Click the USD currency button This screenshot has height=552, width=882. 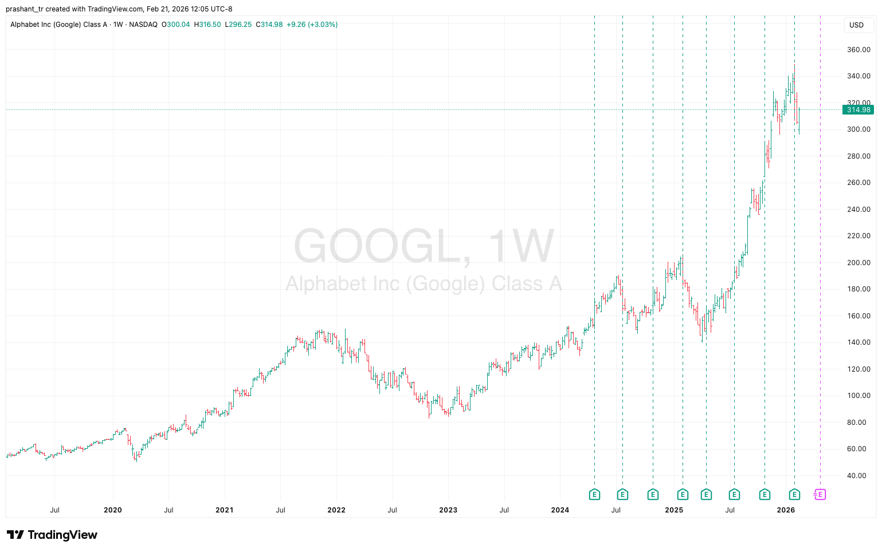[856, 25]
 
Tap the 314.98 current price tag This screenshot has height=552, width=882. [858, 110]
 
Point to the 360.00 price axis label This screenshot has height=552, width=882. [859, 50]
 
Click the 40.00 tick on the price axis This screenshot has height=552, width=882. [859, 476]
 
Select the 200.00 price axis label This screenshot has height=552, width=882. [859, 263]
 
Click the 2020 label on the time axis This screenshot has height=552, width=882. [112, 510]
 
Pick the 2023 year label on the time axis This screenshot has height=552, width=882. [448, 510]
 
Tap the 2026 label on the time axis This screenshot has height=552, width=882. [785, 510]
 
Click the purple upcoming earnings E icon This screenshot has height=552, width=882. [820, 494]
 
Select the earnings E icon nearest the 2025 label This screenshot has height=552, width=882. [683, 494]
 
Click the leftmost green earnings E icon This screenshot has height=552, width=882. [594, 494]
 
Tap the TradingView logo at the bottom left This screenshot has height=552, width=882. [52, 535]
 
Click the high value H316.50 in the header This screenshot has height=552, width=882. [207, 25]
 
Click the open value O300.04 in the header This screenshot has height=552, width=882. [175, 25]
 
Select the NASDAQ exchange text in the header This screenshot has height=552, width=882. [143, 25]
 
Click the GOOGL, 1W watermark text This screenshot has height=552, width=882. [424, 246]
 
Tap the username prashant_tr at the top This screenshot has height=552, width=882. [25, 9]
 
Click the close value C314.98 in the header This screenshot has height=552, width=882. [269, 25]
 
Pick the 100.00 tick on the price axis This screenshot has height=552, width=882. [859, 396]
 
